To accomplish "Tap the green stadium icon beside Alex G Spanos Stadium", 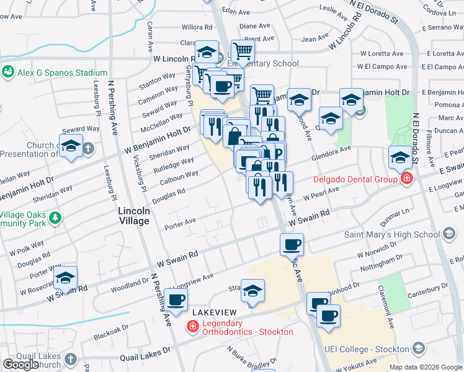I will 8,72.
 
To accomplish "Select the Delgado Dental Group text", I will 355,180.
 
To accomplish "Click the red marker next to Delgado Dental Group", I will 406,180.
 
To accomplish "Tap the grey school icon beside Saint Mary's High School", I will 450,234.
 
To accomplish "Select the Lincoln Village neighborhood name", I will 133,216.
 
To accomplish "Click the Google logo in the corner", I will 20,365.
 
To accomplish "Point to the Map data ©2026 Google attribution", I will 426,367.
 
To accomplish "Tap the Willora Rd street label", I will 197,27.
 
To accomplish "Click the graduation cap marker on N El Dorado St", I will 399,157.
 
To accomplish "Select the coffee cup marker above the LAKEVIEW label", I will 176,301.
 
